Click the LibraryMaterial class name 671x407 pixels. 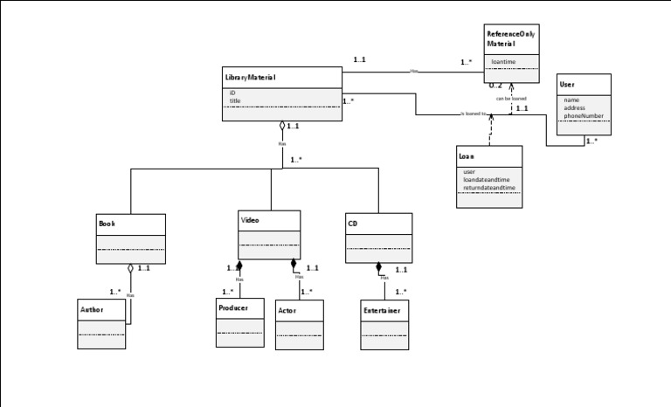coord(250,78)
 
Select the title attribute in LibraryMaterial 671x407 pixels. coord(235,100)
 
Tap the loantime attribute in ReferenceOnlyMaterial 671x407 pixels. coord(503,62)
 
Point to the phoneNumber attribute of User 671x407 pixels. coord(584,115)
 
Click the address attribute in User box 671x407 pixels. coord(574,107)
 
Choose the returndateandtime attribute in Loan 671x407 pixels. coord(489,187)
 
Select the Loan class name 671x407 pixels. coord(466,156)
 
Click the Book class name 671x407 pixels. coord(107,224)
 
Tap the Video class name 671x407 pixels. coord(250,220)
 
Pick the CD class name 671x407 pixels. coord(353,224)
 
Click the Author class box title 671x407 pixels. coord(92,309)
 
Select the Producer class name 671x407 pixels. coord(233,307)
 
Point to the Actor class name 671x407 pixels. coord(287,310)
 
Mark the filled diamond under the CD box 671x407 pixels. coord(378,267)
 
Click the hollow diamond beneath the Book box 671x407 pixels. coord(130,268)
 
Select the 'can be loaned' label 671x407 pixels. coord(511,99)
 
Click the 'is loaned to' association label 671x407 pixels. coord(473,114)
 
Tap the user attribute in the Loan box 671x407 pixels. coord(469,172)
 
